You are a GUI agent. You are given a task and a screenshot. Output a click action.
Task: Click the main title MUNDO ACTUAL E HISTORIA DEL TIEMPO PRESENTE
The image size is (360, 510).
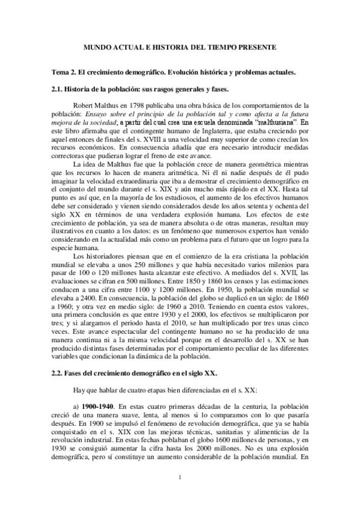tap(180, 46)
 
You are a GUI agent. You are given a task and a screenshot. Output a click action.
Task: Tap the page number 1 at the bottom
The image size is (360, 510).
tap(180, 478)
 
